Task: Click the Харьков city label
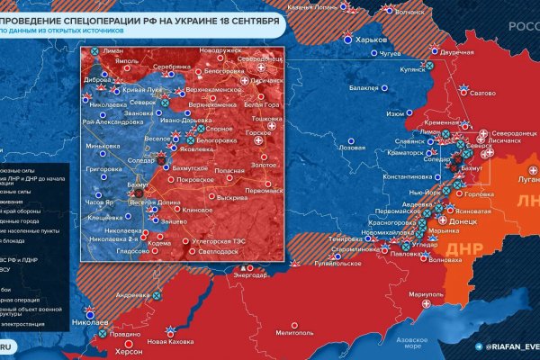(x=372, y=41)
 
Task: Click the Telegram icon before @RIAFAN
(x=478, y=346)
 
